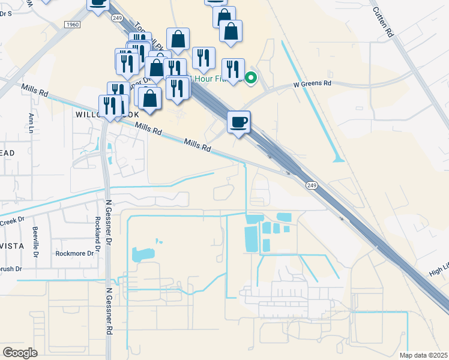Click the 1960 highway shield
72,25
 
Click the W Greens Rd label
312,83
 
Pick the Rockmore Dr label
74,253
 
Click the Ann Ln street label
31,124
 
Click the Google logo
20,352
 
